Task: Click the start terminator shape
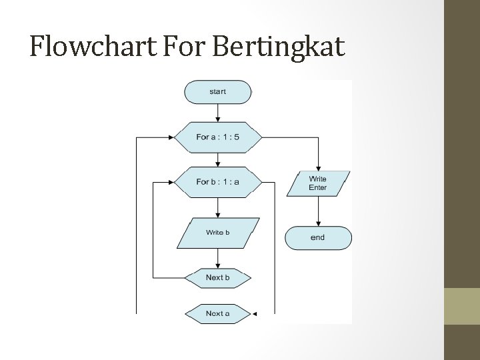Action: [218, 92]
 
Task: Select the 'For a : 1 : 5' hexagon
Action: [218, 137]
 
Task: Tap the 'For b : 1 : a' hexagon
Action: [218, 181]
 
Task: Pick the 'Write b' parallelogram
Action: [218, 233]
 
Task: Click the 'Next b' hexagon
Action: [218, 277]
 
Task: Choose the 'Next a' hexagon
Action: [218, 313]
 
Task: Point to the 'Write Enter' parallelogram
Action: [318, 183]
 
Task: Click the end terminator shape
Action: [318, 238]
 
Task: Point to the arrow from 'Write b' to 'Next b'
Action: [218, 258]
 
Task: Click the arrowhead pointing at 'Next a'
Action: [254, 313]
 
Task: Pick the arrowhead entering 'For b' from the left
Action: [171, 181]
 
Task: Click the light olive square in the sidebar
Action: [461, 306]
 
